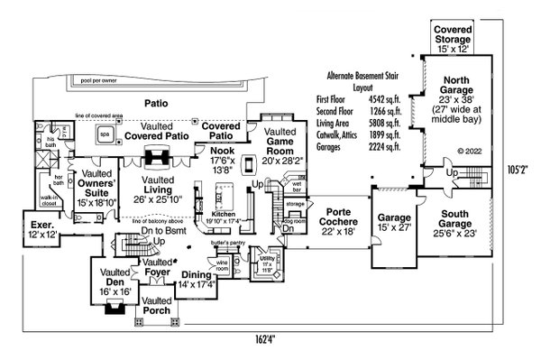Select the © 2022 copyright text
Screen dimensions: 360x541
[x=470, y=152]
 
